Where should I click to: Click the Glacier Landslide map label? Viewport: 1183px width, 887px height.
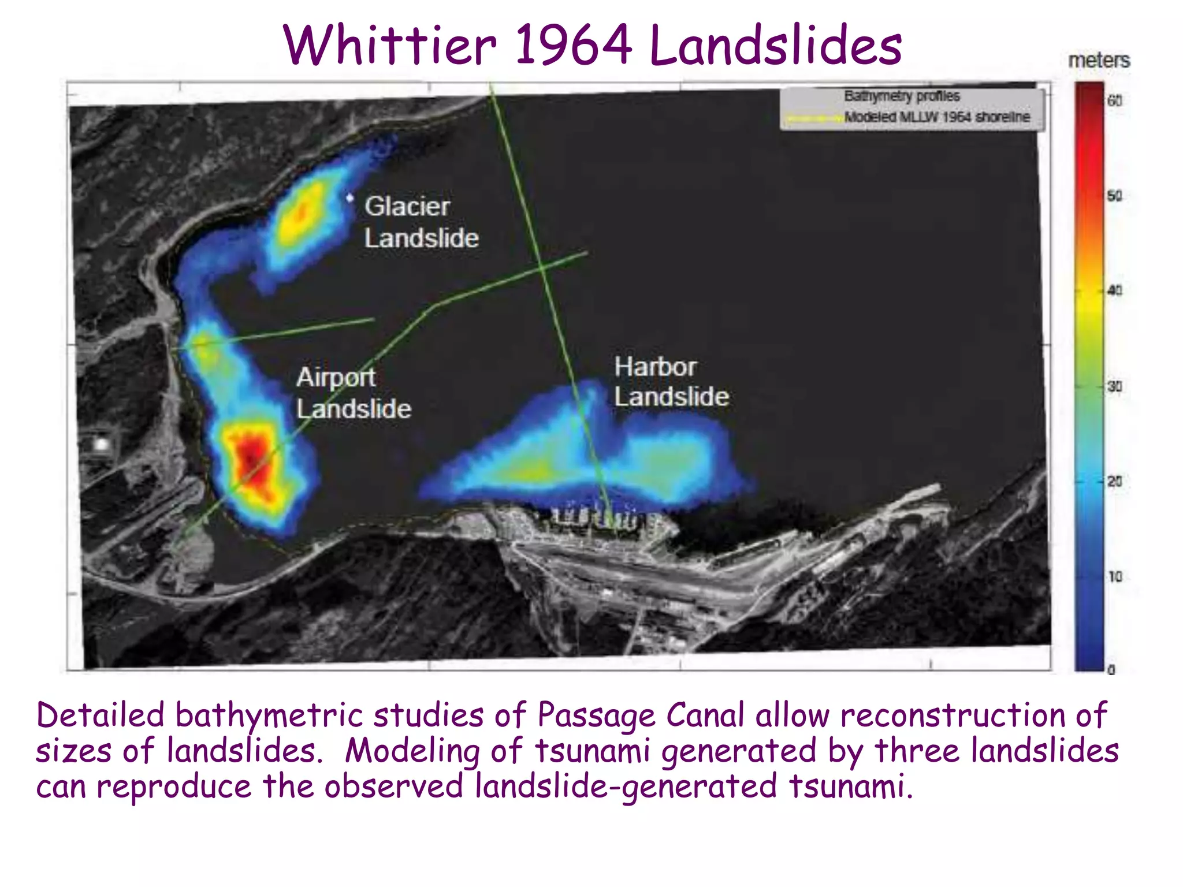[421, 222]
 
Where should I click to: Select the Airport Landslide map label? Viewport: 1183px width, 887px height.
[353, 393]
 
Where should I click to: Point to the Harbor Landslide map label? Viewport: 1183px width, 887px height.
[671, 382]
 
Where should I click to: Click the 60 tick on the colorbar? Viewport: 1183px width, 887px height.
[1114, 101]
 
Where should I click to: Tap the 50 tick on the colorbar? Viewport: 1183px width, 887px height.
[1114, 196]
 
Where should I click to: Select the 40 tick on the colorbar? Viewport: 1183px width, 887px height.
[1114, 290]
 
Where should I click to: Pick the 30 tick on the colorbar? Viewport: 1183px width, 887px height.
[1114, 386]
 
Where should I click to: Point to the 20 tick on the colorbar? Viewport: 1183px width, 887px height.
[1114, 481]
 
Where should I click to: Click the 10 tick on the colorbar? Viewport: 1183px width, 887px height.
[1114, 576]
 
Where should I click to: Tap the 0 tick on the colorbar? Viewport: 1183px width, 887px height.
[1111, 670]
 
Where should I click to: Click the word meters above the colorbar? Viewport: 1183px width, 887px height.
[1099, 61]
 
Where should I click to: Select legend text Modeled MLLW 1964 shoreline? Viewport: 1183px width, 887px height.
[936, 117]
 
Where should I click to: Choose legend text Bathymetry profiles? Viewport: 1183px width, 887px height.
[901, 96]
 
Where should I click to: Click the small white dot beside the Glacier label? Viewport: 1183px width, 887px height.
[349, 198]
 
